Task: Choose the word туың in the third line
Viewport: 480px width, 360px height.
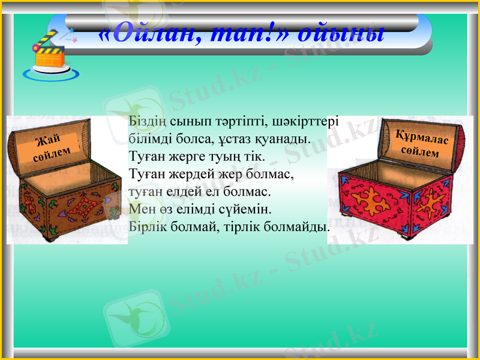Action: tap(224, 157)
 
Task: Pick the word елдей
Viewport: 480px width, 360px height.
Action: tap(187, 193)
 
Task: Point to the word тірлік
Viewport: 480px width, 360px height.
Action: tap(238, 228)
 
